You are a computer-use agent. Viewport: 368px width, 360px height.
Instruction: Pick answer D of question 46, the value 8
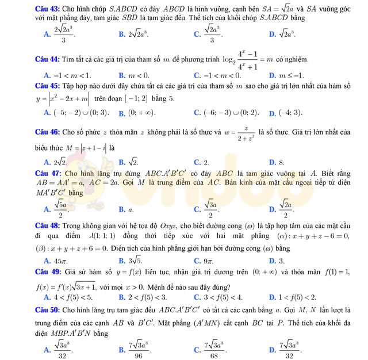[281, 163]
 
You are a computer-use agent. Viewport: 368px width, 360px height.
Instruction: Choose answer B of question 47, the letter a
[131, 210]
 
